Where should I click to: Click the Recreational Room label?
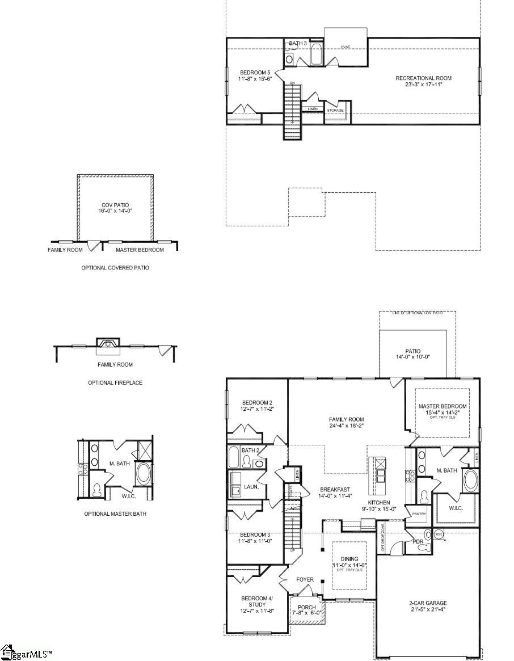423,81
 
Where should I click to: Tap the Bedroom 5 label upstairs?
256,75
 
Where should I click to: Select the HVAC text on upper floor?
346,47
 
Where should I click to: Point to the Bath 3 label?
298,43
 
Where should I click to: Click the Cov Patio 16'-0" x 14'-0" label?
115,208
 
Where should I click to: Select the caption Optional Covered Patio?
115,267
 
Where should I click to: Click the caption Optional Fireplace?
115,383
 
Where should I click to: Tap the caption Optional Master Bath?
115,514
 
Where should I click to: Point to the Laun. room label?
251,487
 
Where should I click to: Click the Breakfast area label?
335,492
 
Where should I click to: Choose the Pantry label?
419,514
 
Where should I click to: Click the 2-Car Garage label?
428,607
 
